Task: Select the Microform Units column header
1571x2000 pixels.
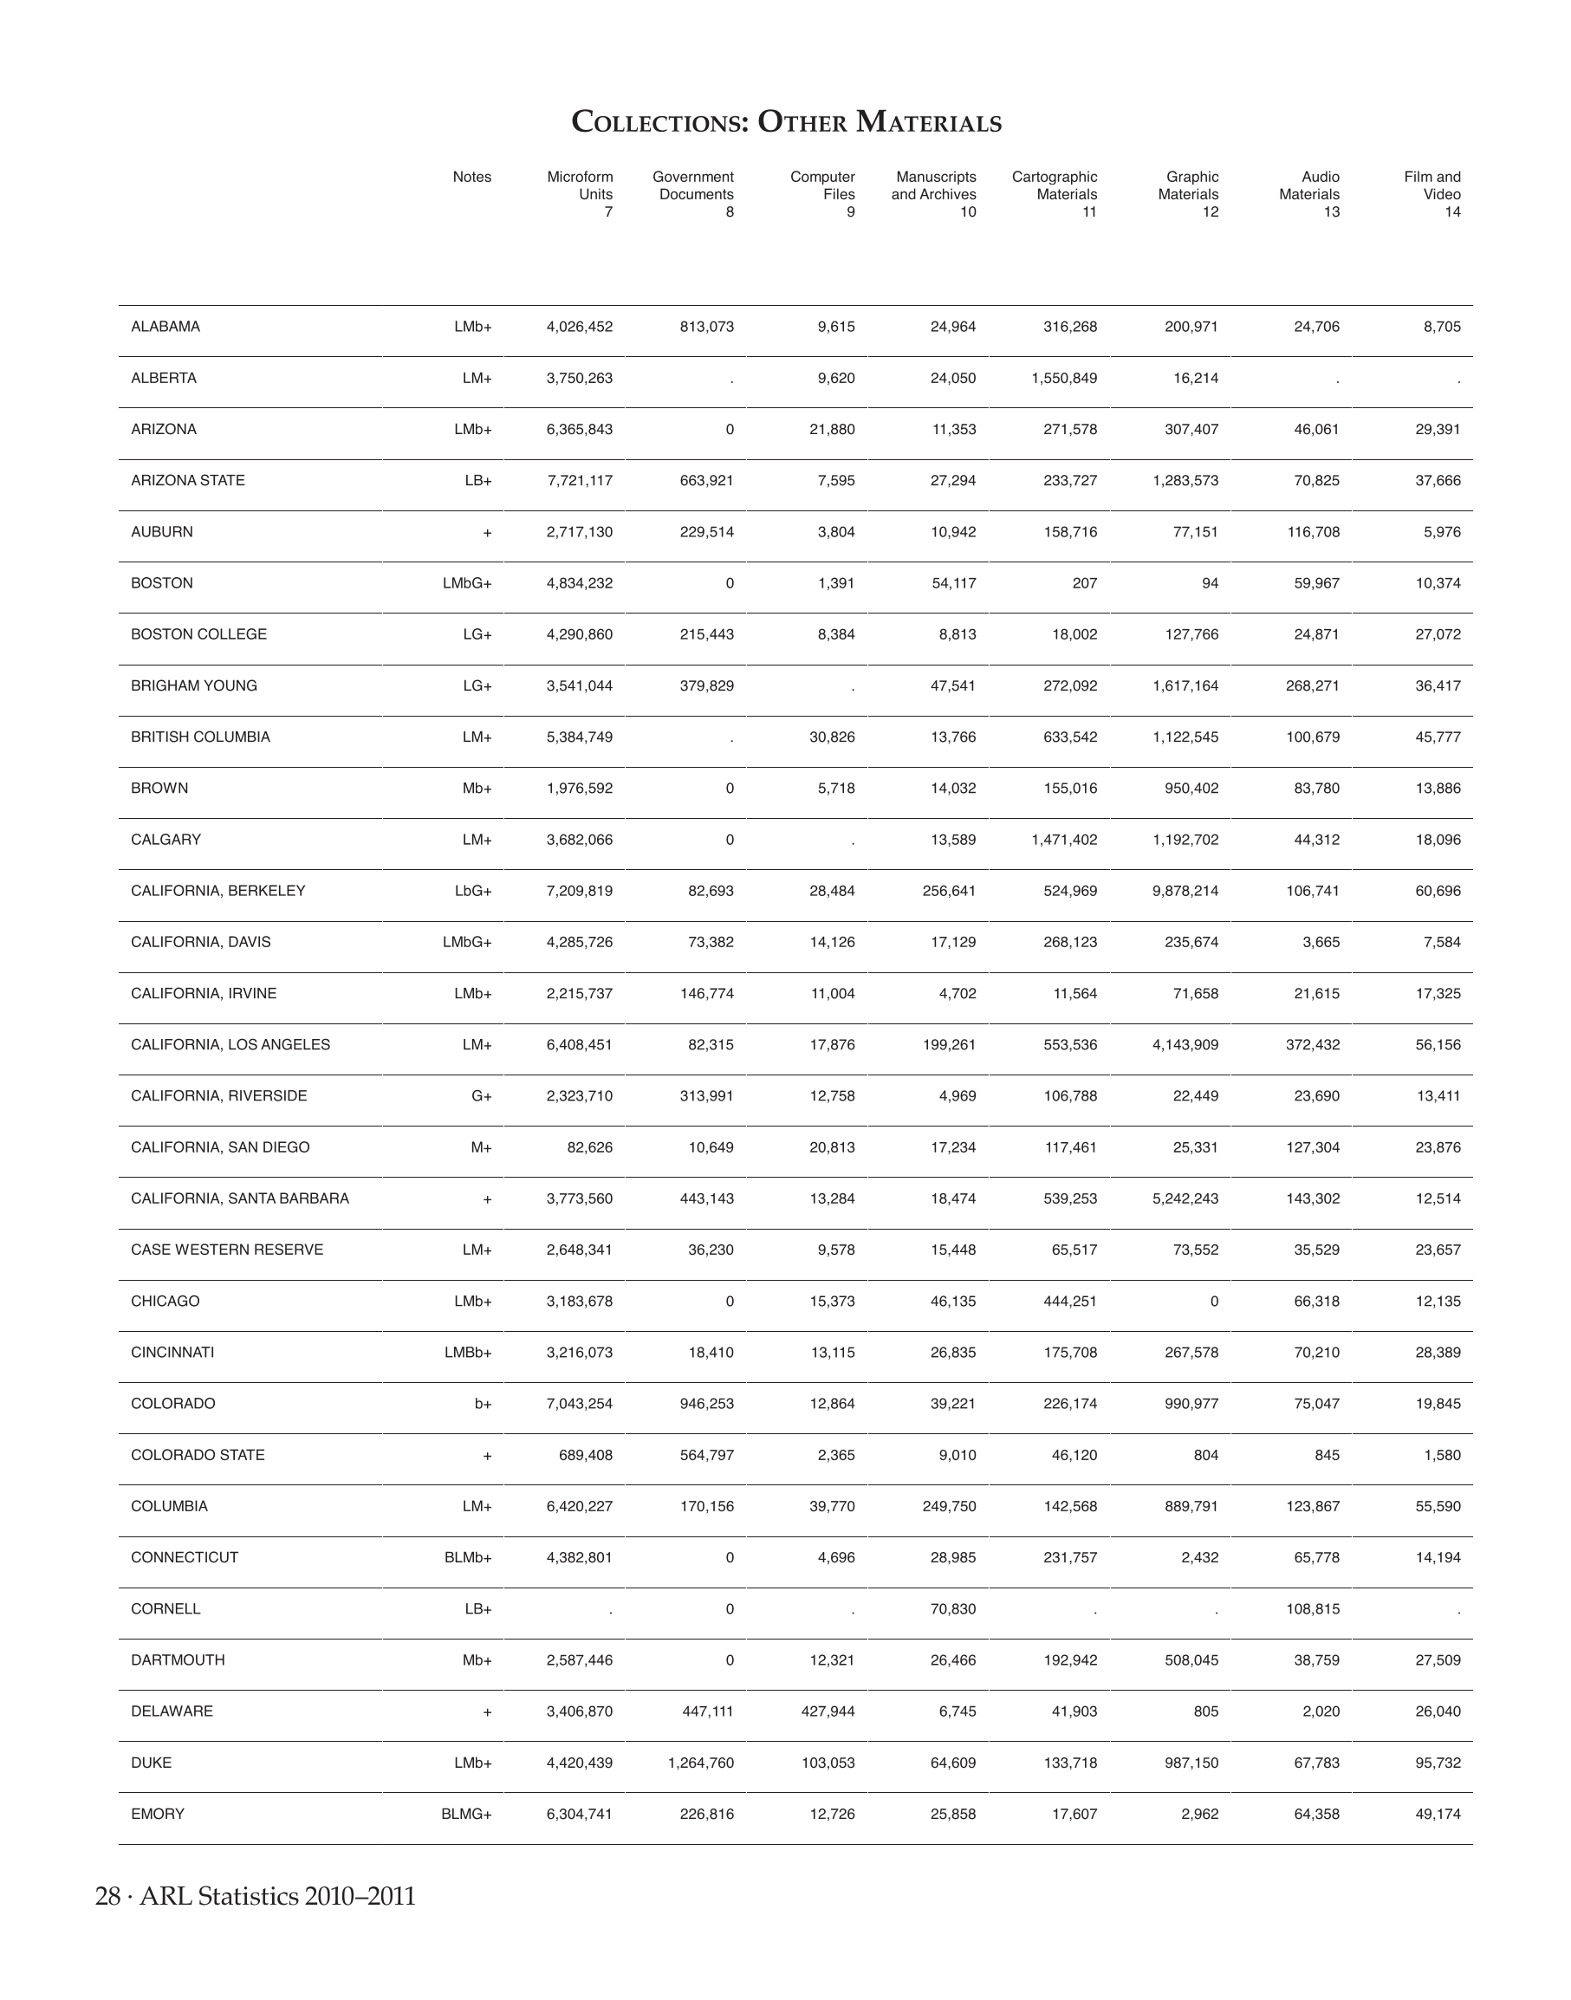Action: click(x=581, y=194)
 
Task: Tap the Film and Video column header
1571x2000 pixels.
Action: click(x=1432, y=194)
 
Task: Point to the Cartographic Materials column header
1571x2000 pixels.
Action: click(x=1055, y=194)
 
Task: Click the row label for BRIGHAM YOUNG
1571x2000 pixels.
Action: click(x=194, y=685)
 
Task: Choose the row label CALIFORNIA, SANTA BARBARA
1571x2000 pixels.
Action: click(x=240, y=1198)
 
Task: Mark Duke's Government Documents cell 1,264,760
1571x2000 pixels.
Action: click(x=701, y=1763)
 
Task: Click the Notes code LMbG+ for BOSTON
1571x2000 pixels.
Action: click(x=467, y=583)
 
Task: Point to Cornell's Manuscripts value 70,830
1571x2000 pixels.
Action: click(x=952, y=1609)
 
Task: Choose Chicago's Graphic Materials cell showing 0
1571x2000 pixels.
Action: click(x=1213, y=1301)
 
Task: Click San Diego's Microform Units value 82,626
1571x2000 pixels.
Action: click(x=588, y=1147)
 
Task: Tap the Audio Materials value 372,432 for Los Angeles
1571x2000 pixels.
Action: click(x=1313, y=1044)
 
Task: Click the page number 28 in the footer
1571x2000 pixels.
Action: click(x=107, y=1896)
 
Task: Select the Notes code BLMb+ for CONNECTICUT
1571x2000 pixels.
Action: click(x=468, y=1557)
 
